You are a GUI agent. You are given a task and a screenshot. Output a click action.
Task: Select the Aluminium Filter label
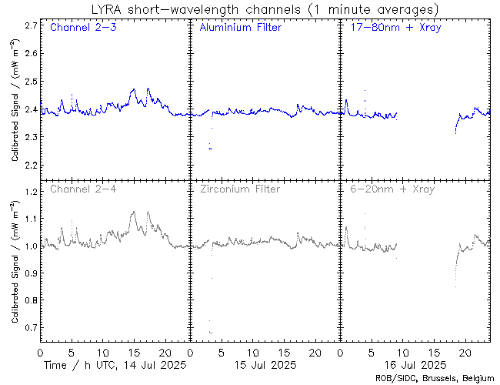tap(240, 28)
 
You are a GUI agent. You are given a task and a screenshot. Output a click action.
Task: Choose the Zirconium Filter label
tap(240, 189)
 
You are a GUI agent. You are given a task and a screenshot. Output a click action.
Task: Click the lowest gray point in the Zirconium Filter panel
tap(211, 332)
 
